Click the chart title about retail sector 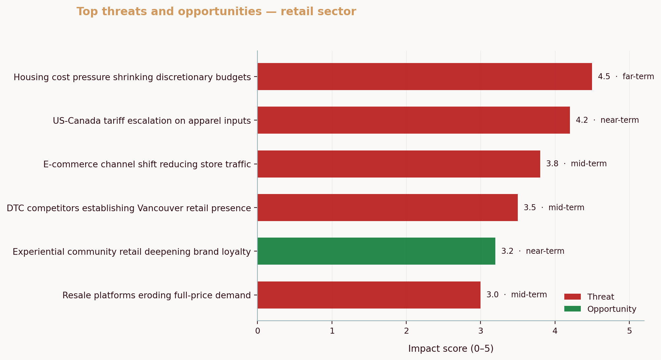pos(216,12)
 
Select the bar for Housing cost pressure pos(424,77)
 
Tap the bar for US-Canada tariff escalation pos(413,120)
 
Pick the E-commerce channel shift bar pos(399,164)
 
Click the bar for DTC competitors pos(387,208)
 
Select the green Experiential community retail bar pos(376,251)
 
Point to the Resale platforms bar pos(369,295)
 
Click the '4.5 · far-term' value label pos(626,77)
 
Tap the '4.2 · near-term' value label pos(607,120)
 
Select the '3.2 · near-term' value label pos(532,251)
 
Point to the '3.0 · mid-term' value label pos(516,295)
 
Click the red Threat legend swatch pos(572,297)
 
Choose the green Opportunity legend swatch pos(572,309)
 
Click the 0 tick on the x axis pos(257,331)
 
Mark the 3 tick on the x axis pos(480,331)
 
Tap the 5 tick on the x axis pos(629,331)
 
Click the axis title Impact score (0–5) pos(450,349)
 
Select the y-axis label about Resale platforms pos(156,295)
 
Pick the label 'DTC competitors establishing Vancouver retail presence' pos(129,208)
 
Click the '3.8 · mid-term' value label pos(576,164)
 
